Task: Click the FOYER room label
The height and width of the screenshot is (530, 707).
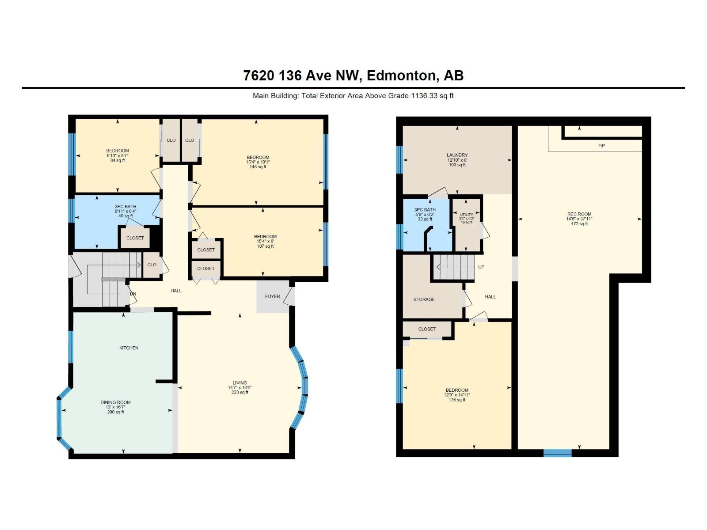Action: click(x=273, y=296)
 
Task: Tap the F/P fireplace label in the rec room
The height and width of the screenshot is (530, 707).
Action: click(x=601, y=146)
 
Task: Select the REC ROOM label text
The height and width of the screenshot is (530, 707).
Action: click(x=579, y=214)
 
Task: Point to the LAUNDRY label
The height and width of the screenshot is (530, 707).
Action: click(x=457, y=155)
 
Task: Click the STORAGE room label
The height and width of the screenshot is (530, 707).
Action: click(x=424, y=299)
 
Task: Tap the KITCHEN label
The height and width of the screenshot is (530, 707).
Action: click(x=129, y=348)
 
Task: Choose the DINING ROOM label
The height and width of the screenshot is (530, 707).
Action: click(x=115, y=402)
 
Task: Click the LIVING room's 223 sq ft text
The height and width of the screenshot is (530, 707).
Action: click(x=240, y=392)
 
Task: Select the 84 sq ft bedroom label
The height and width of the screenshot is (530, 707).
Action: click(x=118, y=160)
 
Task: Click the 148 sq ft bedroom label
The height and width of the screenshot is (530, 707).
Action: click(x=258, y=167)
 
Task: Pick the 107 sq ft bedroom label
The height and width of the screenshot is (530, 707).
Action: click(x=265, y=246)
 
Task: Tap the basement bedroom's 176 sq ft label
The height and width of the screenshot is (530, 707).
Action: click(x=457, y=400)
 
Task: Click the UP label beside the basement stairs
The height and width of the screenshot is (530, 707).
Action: click(x=481, y=267)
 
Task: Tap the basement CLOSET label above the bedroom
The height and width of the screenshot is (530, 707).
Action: click(x=426, y=329)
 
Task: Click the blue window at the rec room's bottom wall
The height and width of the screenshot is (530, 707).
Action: click(x=557, y=453)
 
